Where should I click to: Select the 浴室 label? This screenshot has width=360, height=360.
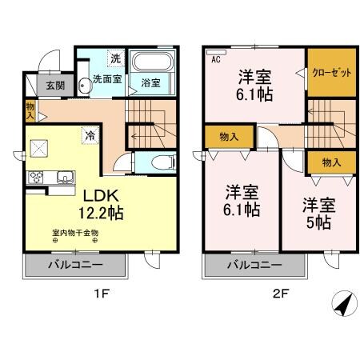151,82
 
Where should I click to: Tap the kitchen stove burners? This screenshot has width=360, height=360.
36,177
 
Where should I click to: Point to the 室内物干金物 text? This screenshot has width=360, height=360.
75,234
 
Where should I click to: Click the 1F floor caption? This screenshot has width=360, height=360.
101,293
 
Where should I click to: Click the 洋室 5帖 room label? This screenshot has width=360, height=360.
318,211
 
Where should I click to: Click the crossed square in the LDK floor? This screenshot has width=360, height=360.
38,147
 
